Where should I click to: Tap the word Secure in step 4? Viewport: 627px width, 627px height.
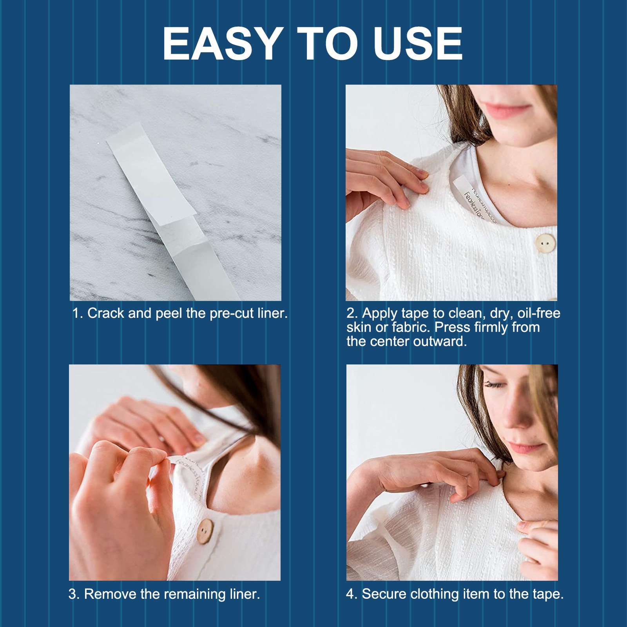384,594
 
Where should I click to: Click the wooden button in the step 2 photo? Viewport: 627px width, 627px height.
545,243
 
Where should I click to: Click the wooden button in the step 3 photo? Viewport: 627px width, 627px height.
205,531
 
